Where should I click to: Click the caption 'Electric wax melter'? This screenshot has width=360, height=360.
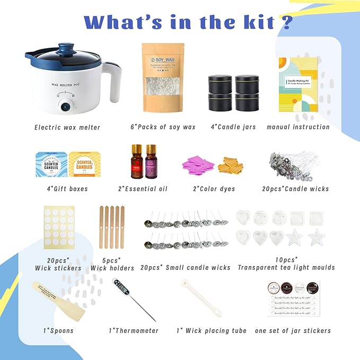67,127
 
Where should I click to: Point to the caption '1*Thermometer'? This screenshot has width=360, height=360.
134,331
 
